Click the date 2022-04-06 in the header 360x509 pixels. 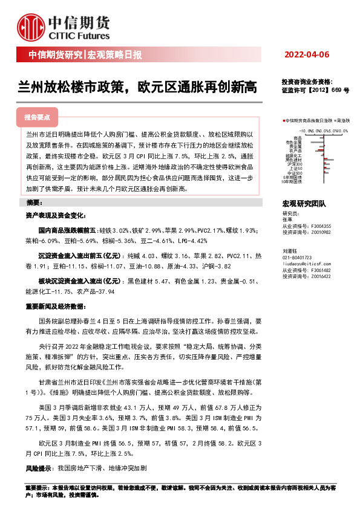[306, 55]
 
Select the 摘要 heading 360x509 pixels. [34, 202]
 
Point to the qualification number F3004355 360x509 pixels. [319, 225]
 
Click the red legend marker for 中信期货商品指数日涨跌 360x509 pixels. [283, 121]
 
